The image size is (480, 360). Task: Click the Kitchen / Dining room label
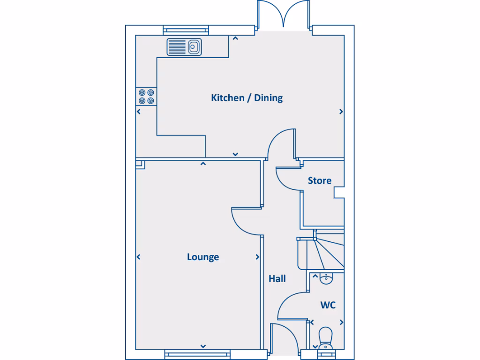pyautogui.click(x=247, y=98)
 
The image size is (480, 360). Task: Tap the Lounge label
pyautogui.click(x=202, y=257)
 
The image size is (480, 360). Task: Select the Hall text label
pyautogui.click(x=277, y=279)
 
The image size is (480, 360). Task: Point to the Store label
pyautogui.click(x=319, y=180)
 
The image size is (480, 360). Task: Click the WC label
pyautogui.click(x=328, y=305)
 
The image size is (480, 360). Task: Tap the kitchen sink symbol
pyautogui.click(x=184, y=47)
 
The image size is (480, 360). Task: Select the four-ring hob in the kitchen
pyautogui.click(x=146, y=97)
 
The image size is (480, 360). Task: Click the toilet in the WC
pyautogui.click(x=325, y=338)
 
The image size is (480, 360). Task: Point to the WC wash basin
pyautogui.click(x=326, y=279)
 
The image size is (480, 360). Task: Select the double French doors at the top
pyautogui.click(x=283, y=15)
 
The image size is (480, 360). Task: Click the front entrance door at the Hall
pyautogui.click(x=283, y=337)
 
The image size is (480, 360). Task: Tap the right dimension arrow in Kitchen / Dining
pyautogui.click(x=341, y=112)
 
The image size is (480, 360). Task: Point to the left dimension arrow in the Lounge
pyautogui.click(x=139, y=257)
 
